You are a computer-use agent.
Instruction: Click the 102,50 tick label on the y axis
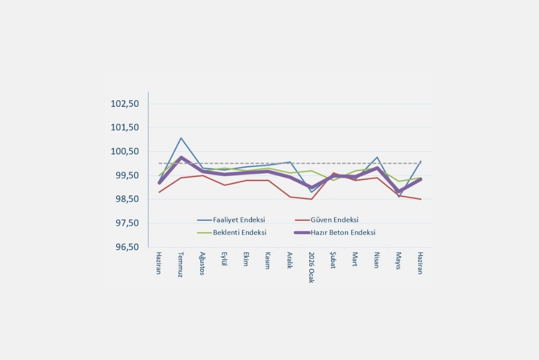(125, 103)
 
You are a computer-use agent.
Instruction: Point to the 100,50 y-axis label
(125, 151)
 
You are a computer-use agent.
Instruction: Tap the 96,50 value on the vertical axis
(127, 247)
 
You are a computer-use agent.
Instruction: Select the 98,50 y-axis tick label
(127, 199)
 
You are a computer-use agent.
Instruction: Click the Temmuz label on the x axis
(181, 264)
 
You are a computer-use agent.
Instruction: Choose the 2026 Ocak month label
(311, 267)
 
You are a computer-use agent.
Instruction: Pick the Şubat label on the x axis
(333, 260)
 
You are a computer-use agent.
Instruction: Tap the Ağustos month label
(202, 263)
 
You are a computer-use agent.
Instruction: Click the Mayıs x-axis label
(398, 261)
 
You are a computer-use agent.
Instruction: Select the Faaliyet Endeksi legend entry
(231, 220)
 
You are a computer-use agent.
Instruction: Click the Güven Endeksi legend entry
(326, 220)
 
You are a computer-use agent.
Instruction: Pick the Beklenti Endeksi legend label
(232, 232)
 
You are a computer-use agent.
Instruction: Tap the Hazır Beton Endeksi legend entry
(335, 232)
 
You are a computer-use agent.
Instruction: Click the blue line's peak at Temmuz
(181, 138)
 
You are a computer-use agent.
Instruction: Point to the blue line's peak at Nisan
(377, 157)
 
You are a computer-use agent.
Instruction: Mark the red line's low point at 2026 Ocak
(311, 199)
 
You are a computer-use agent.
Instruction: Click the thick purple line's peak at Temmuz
(181, 157)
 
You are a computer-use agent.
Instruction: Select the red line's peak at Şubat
(333, 173)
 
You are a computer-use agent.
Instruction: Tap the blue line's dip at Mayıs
(399, 196)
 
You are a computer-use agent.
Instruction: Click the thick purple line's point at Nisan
(377, 168)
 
